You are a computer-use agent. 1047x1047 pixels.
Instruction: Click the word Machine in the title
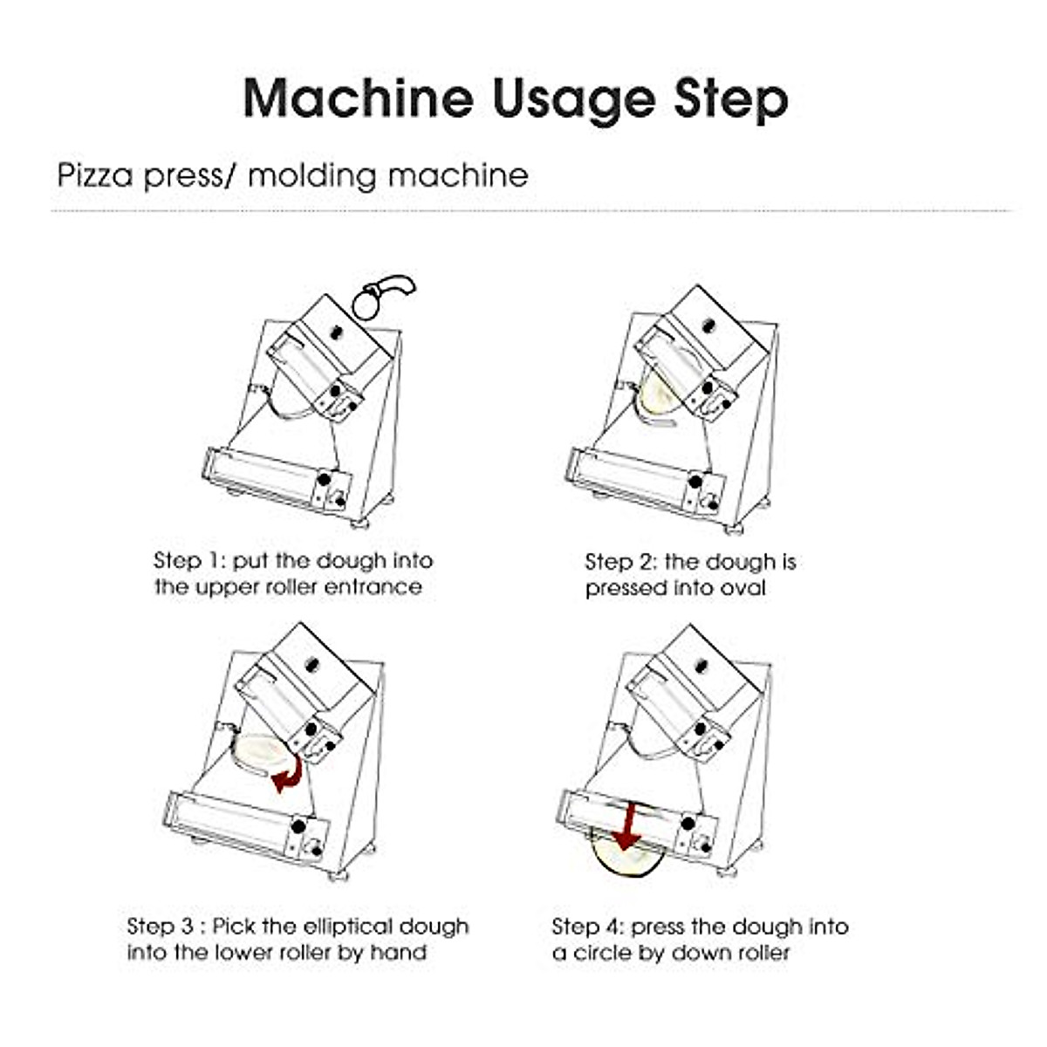[359, 98]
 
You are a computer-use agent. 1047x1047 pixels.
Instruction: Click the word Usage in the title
[573, 98]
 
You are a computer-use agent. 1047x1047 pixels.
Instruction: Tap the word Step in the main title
[730, 99]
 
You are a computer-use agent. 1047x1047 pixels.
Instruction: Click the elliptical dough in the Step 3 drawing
[256, 752]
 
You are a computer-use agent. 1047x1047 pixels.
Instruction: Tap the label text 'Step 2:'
[620, 563]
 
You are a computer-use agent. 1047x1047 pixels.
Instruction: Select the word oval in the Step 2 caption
[743, 588]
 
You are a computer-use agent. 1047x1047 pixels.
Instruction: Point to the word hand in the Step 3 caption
[398, 953]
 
